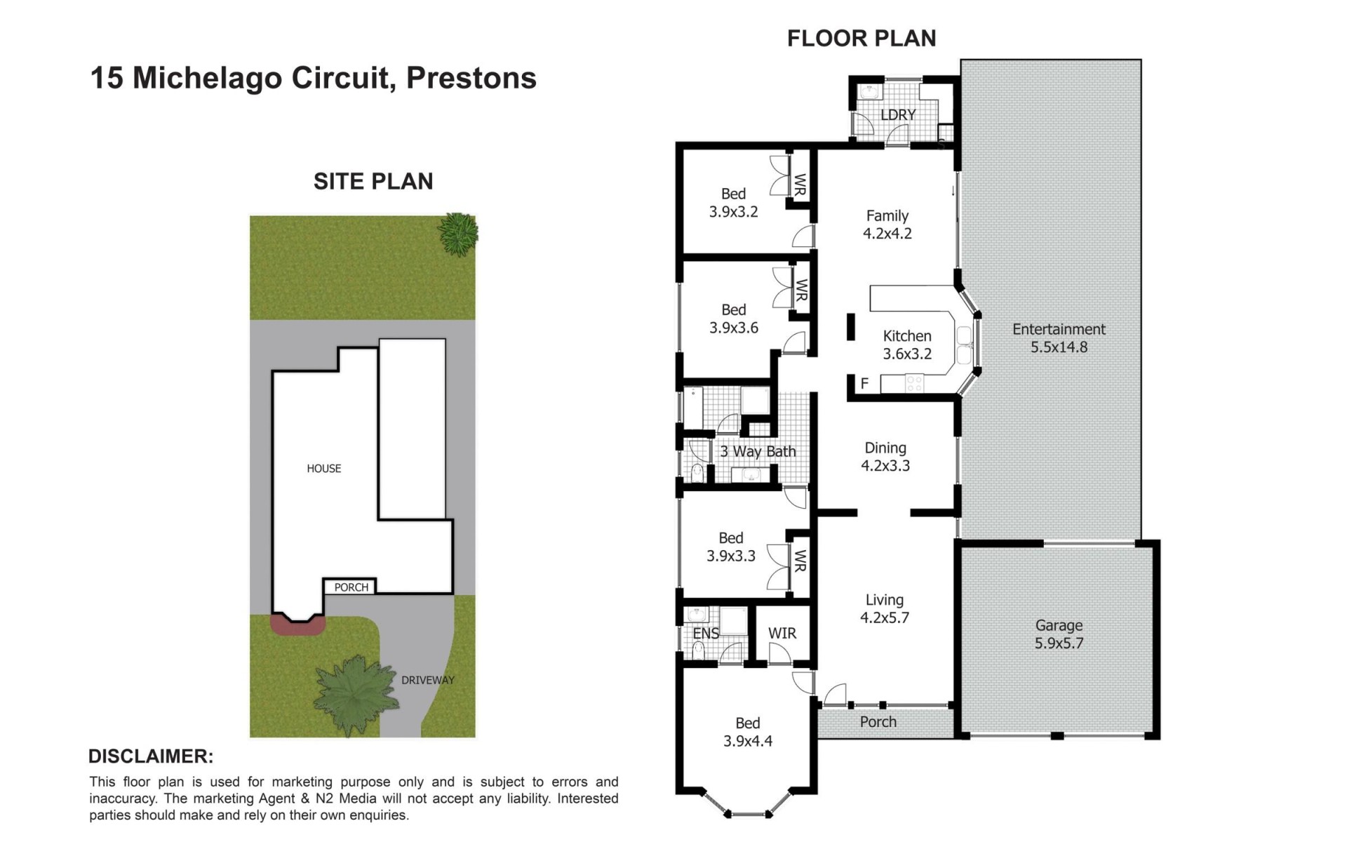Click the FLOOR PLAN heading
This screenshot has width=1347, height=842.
coord(862,38)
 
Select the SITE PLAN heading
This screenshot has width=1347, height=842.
coord(373,182)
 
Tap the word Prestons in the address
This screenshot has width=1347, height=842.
coord(471,78)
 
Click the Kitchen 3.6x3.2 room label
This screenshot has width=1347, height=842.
coord(907,345)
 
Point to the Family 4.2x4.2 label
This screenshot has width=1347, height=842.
coord(887,225)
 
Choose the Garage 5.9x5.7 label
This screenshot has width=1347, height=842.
coord(1059,634)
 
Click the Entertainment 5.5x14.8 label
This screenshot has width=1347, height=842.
coord(1059,338)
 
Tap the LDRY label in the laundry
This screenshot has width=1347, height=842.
coord(898,114)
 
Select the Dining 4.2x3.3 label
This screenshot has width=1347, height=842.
coord(885,456)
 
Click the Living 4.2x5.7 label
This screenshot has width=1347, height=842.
coord(885,608)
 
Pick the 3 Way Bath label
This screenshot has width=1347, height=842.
coord(758,452)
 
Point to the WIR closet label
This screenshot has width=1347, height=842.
coord(782,634)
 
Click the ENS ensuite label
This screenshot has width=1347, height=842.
coord(706,634)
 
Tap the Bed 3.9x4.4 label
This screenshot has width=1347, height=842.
coord(748,732)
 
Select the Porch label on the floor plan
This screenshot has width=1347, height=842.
coord(878,722)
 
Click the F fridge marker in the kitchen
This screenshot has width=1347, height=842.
coord(864,384)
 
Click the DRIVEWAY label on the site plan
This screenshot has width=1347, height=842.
coord(428,680)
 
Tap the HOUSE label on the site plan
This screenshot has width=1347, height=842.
coord(324,469)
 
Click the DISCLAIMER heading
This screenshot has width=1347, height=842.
coord(151,756)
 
